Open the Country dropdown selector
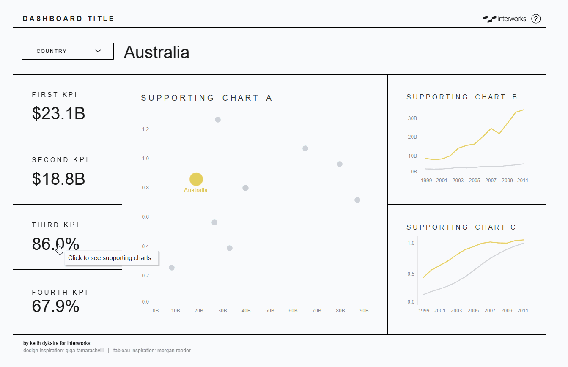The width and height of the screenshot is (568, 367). (x=68, y=51)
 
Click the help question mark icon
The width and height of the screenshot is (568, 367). (x=536, y=19)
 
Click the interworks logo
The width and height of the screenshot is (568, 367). (x=505, y=19)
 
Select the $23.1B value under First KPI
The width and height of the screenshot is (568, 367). (x=58, y=113)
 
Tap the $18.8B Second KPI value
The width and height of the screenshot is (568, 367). (x=58, y=179)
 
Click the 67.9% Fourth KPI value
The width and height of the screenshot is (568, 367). (x=55, y=306)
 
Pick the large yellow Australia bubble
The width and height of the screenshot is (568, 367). (x=196, y=179)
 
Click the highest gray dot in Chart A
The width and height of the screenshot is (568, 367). (x=218, y=120)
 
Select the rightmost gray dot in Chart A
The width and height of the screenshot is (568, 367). (x=357, y=200)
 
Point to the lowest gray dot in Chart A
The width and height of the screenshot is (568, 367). (x=172, y=268)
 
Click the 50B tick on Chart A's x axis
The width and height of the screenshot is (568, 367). (x=269, y=311)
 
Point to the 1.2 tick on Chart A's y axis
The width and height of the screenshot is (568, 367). (x=145, y=129)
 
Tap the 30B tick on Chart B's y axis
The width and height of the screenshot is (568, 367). (x=412, y=118)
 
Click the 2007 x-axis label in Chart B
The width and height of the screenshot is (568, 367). (x=491, y=181)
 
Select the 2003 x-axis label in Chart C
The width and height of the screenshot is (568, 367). (x=456, y=311)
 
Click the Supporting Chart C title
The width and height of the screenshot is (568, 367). (x=461, y=227)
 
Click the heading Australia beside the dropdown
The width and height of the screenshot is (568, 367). (x=156, y=52)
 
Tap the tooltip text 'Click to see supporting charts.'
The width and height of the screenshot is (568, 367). (x=110, y=258)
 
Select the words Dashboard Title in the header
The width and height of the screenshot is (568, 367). (x=69, y=19)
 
